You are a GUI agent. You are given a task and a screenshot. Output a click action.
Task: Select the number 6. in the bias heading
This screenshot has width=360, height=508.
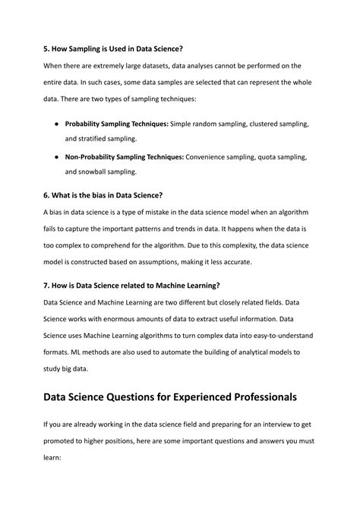coord(46,196)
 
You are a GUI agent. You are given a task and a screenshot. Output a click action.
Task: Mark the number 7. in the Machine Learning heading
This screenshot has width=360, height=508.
coord(46,286)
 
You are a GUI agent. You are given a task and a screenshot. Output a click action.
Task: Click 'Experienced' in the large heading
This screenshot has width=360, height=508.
coord(194,397)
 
